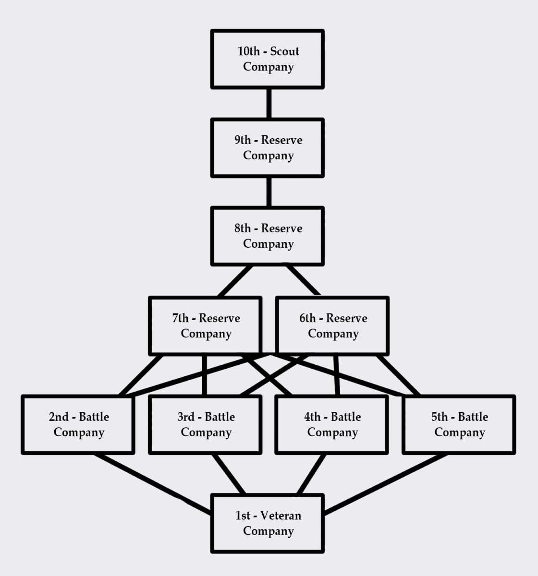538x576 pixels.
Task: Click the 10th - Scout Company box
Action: (x=268, y=59)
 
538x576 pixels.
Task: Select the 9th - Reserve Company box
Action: (x=268, y=148)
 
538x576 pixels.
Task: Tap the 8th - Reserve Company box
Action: (x=268, y=236)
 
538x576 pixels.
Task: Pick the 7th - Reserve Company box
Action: (x=206, y=326)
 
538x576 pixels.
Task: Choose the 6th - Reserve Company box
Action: (x=332, y=326)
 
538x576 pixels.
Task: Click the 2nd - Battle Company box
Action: (x=78, y=425)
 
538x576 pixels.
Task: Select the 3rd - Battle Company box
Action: (x=206, y=425)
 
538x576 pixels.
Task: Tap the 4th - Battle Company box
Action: (x=332, y=425)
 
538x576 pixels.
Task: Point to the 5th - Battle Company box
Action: (x=459, y=425)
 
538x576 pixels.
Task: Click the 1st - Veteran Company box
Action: (x=268, y=523)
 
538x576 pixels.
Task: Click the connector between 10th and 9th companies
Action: (x=269, y=103)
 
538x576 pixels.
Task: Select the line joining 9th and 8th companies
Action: (x=269, y=192)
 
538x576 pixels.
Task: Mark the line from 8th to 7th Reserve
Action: (x=235, y=281)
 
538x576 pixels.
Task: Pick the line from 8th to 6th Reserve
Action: (x=303, y=281)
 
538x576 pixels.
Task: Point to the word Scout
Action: (x=284, y=51)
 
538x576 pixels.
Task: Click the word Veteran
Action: (x=281, y=516)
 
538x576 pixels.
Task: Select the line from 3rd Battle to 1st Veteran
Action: (x=229, y=474)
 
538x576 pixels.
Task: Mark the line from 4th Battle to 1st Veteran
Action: (x=311, y=474)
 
